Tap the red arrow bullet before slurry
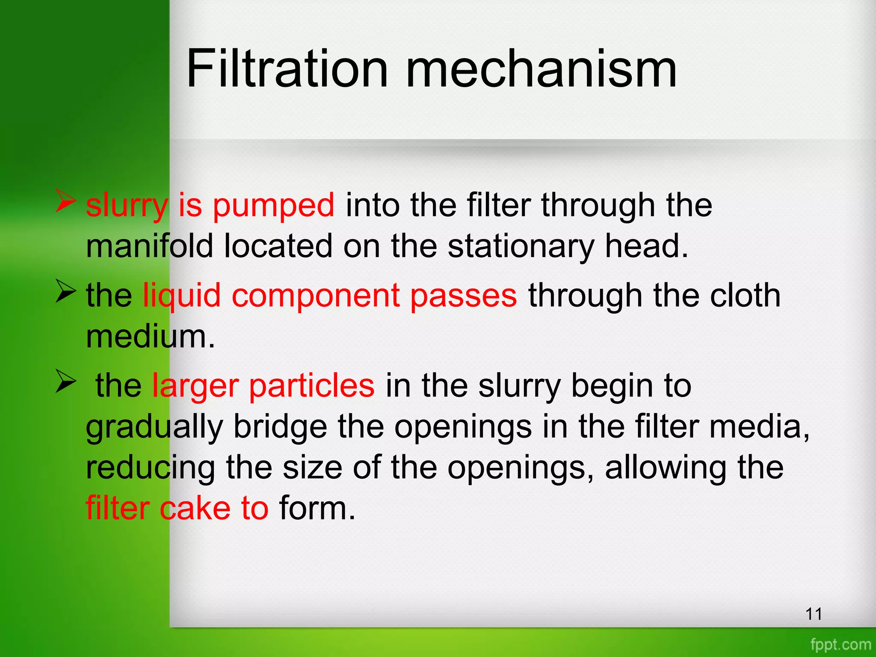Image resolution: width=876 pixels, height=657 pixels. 66,201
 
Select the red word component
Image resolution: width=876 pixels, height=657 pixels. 315,296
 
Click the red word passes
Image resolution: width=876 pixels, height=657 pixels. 463,296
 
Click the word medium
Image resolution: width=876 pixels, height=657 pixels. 150,337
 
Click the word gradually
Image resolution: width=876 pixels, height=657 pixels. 154,427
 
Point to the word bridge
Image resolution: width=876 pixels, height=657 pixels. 280,427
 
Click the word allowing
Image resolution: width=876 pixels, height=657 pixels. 666,468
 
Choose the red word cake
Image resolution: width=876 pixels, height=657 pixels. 195,508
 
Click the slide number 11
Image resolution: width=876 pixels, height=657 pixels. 814,614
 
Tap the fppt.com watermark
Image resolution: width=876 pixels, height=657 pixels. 840,644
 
